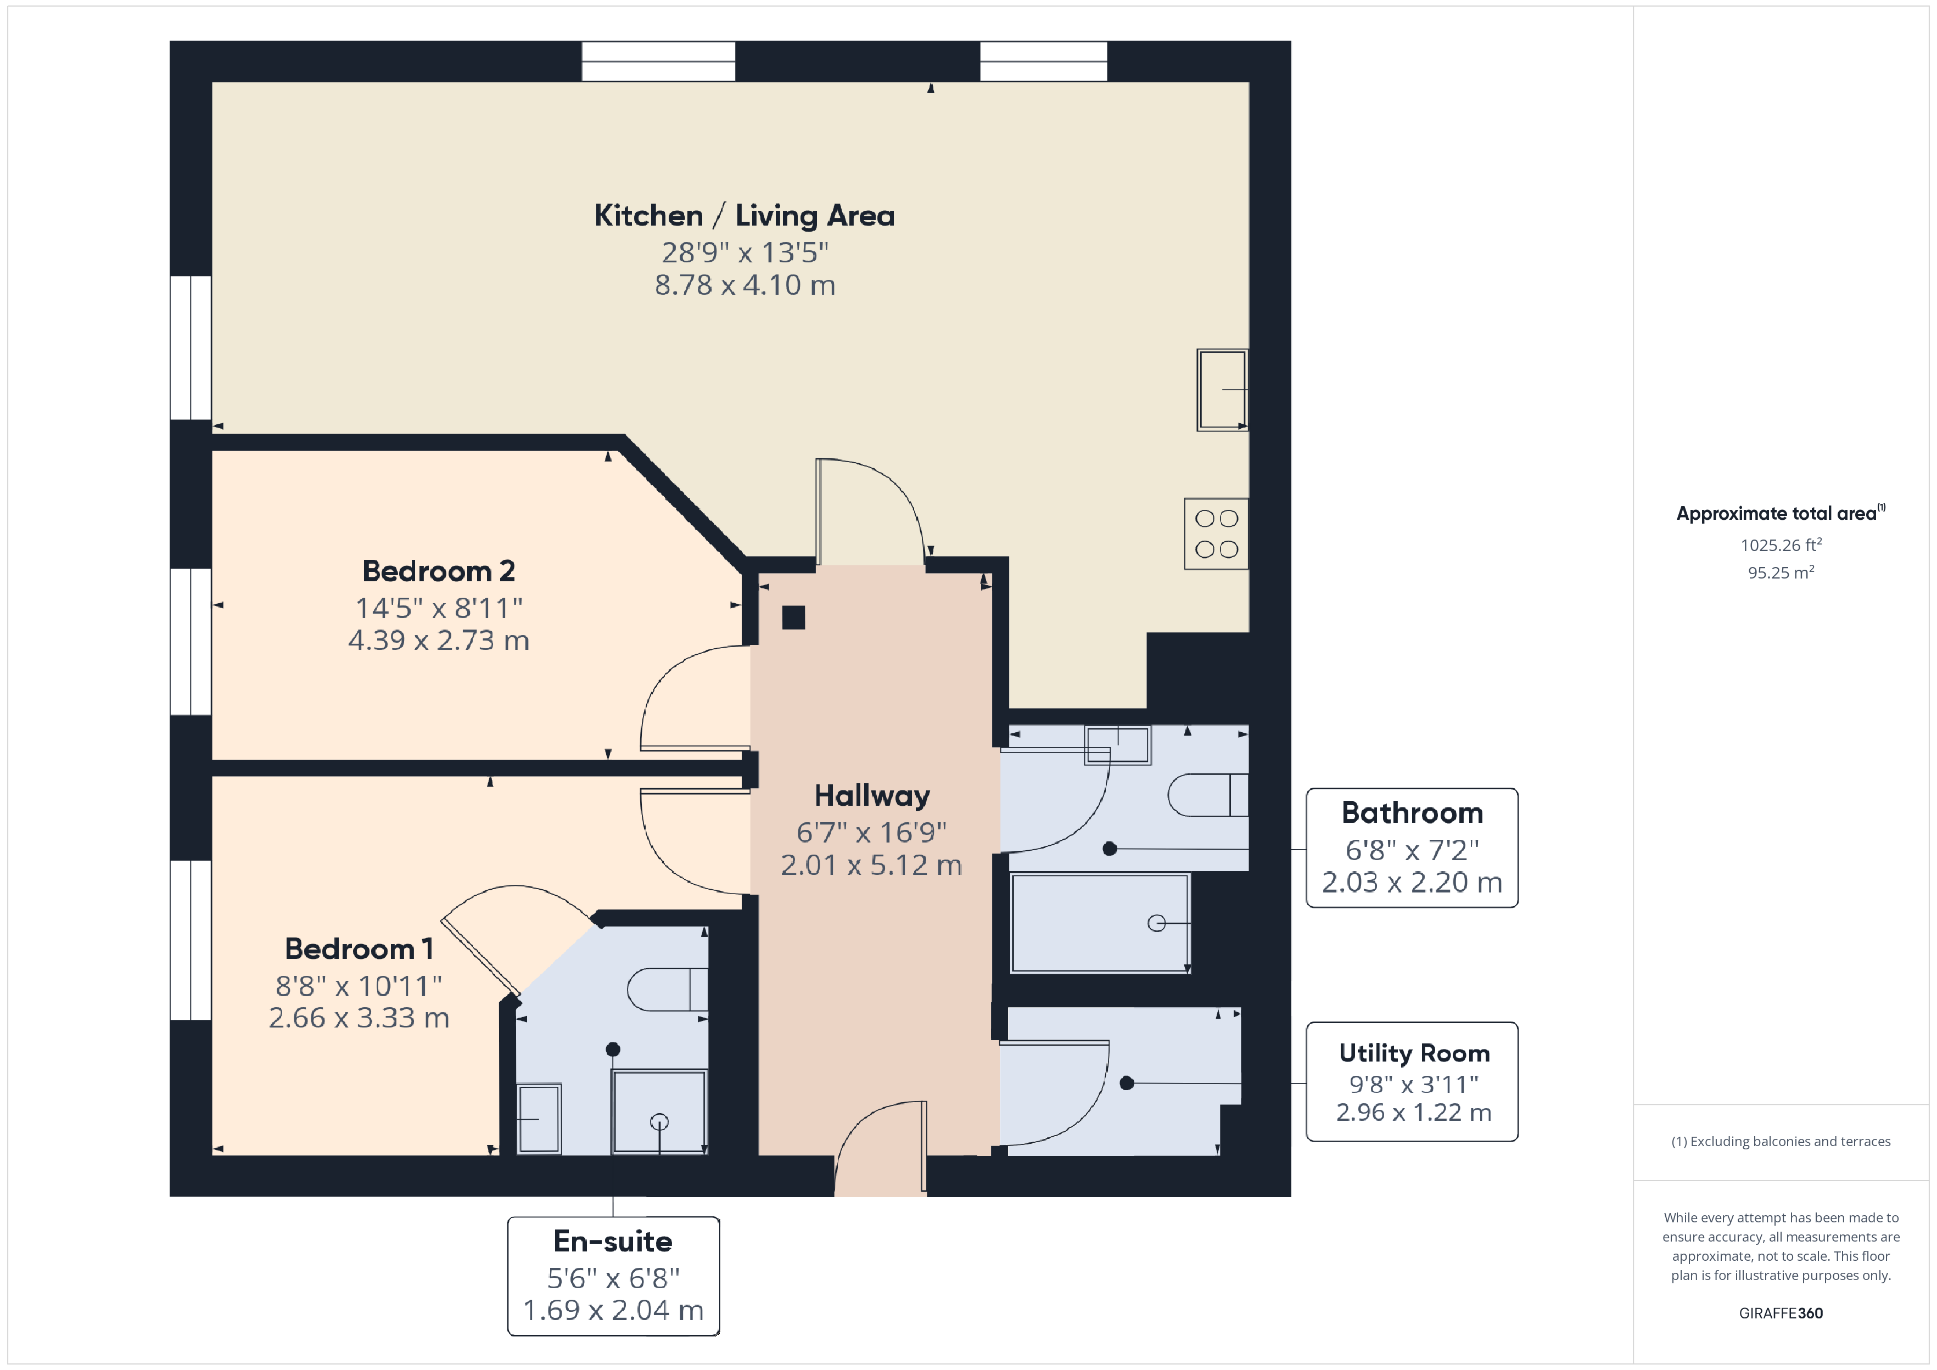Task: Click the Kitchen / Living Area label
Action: click(744, 216)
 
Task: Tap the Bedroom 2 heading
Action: click(439, 571)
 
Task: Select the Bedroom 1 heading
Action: click(360, 949)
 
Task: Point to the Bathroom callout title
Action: click(1412, 812)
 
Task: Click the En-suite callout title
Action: click(613, 1241)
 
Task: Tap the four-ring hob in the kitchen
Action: click(1217, 534)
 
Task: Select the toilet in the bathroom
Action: click(1208, 795)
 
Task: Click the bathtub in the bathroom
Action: click(1100, 923)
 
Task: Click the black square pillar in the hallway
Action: click(793, 617)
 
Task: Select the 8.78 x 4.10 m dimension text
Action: click(745, 285)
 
